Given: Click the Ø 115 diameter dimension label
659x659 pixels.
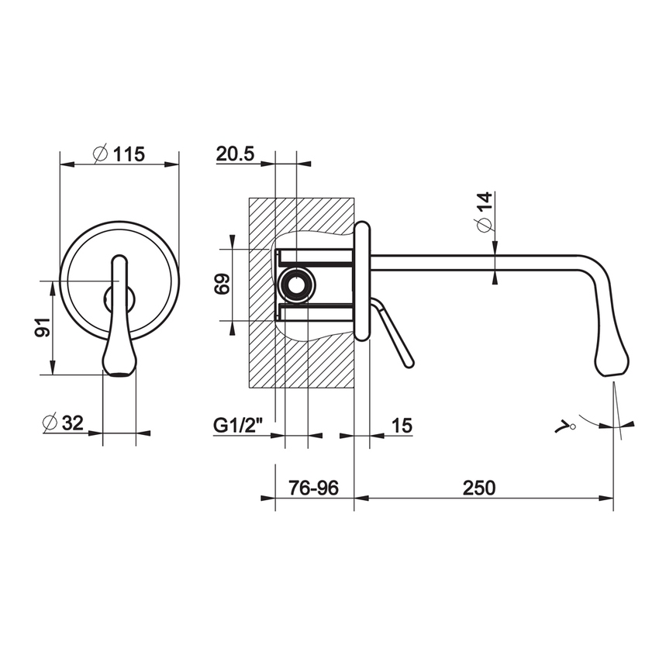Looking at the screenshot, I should tap(119, 154).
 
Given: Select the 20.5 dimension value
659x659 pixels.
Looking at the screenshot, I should tap(236, 154).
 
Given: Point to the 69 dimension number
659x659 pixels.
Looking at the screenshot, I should tap(221, 285).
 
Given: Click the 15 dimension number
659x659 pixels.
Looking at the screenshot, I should tap(402, 425).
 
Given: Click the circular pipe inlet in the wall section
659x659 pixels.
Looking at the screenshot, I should tap(296, 286).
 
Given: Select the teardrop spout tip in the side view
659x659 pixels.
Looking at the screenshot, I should tap(612, 359).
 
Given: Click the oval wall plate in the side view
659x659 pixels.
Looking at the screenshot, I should tap(362, 281).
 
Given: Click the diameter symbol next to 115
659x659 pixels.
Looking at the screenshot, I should tap(99, 154).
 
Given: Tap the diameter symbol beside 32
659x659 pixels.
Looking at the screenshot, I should tap(50, 423).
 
